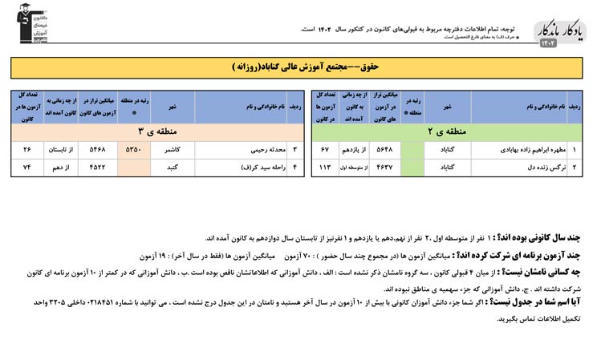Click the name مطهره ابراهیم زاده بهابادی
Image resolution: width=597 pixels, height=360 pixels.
click(519, 150)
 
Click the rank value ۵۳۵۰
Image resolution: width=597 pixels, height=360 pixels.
click(134, 150)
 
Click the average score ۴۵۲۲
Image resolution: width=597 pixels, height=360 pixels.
click(97, 168)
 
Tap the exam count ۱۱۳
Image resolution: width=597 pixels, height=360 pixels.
click(325, 168)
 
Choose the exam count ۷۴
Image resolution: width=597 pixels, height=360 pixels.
click(27, 168)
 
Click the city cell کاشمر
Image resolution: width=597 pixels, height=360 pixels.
click(173, 150)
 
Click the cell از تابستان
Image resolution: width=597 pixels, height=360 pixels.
click(62, 150)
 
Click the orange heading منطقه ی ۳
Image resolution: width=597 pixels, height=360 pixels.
click(152, 130)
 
